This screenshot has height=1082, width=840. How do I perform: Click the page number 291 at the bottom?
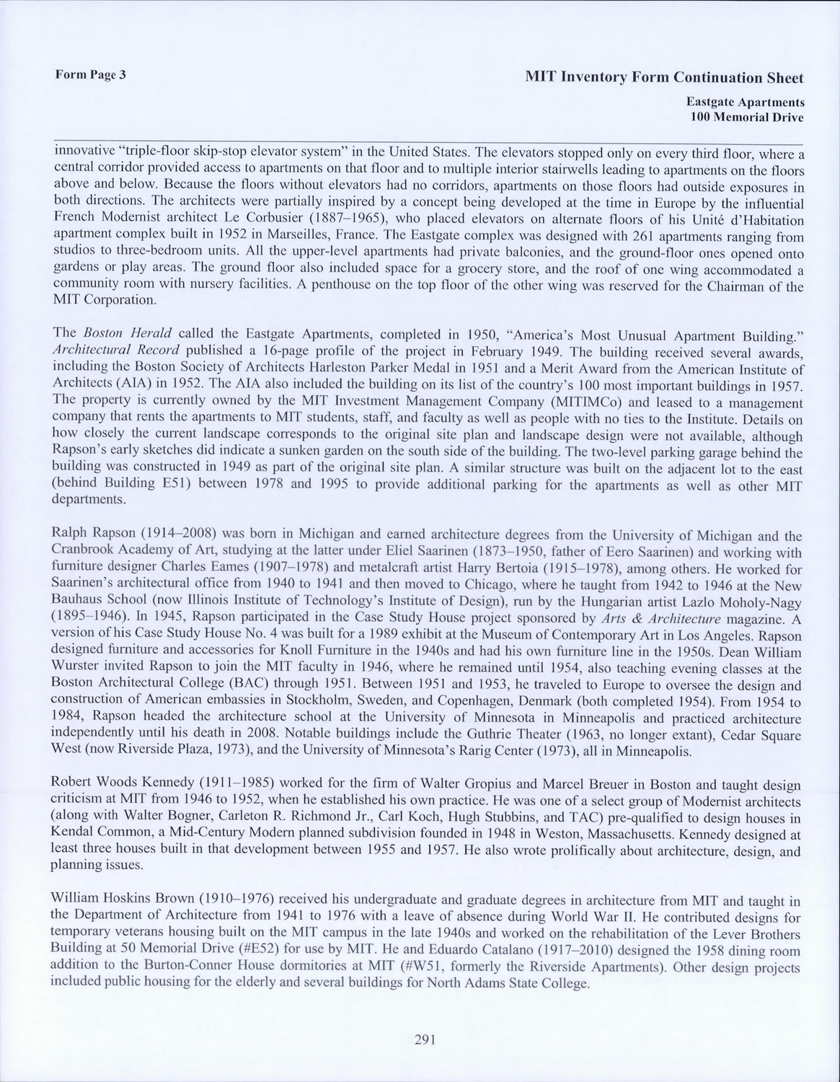pyautogui.click(x=423, y=1039)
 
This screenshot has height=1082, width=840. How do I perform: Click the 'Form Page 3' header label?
pyautogui.click(x=91, y=74)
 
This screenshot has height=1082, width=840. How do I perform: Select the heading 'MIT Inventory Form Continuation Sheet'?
pyautogui.click(x=664, y=77)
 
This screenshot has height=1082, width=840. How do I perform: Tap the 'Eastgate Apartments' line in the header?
pyautogui.click(x=745, y=102)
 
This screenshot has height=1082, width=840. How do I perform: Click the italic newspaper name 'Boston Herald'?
pyautogui.click(x=127, y=334)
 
